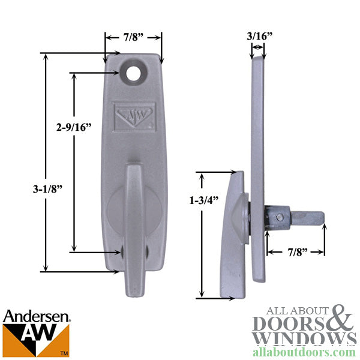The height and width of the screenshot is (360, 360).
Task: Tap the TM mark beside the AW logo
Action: point(65,354)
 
